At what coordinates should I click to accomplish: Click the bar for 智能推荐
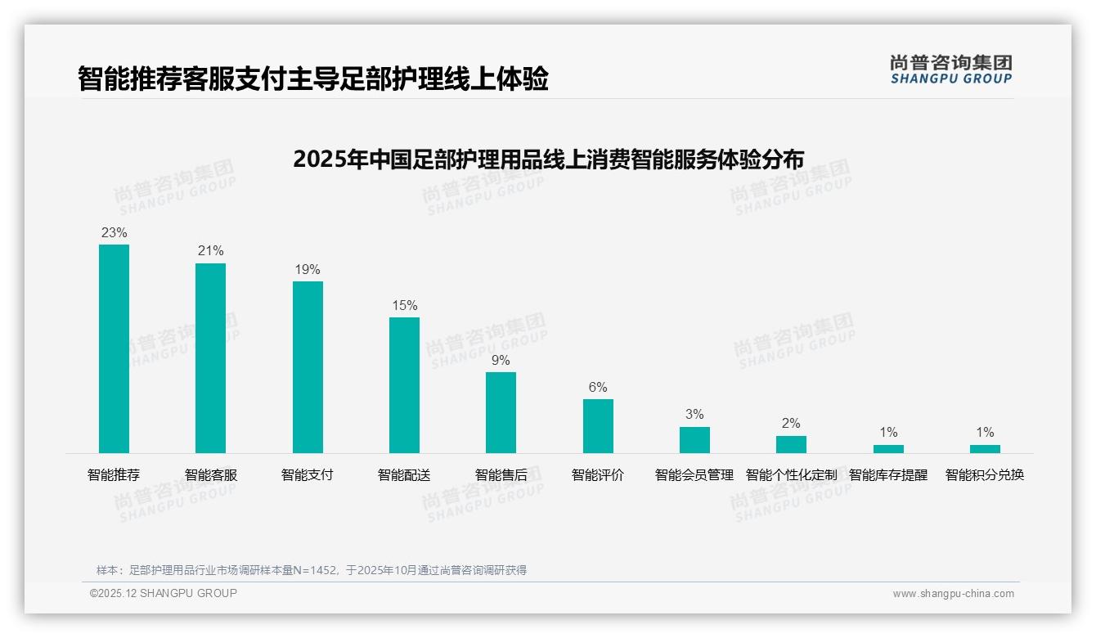[114, 348]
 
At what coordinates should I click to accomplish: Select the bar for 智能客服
[210, 357]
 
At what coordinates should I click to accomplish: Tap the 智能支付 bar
[308, 366]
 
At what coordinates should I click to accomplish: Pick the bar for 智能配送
[404, 384]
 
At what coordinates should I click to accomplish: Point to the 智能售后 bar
[501, 412]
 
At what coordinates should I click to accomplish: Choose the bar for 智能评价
[598, 425]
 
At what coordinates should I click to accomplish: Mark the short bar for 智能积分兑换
[985, 448]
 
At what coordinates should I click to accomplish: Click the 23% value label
[114, 233]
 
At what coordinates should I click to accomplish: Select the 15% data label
[404, 306]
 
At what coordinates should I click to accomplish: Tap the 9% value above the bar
[501, 361]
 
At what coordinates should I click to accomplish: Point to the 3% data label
[694, 415]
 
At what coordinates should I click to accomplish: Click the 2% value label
[791, 424]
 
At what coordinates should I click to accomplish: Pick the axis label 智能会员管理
[694, 475]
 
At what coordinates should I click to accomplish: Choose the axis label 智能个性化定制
[791, 475]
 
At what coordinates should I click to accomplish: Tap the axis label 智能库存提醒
[888, 475]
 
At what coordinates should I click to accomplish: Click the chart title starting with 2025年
[548, 159]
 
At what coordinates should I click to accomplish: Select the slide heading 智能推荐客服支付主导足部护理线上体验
[312, 79]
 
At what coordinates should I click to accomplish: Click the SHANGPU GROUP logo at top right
[950, 70]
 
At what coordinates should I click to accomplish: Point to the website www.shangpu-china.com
[953, 594]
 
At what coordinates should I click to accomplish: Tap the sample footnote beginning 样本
[312, 570]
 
